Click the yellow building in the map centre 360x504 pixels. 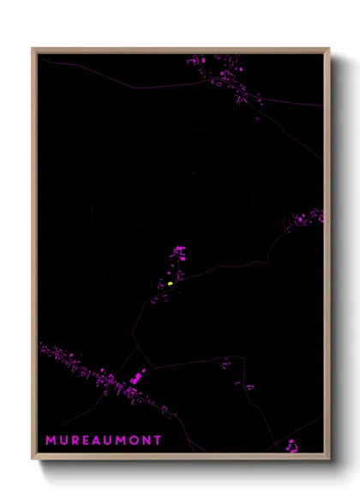click(x=171, y=283)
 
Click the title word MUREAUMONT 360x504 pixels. click(x=103, y=441)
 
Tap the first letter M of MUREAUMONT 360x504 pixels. click(x=51, y=441)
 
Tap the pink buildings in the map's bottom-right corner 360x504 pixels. click(x=292, y=443)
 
